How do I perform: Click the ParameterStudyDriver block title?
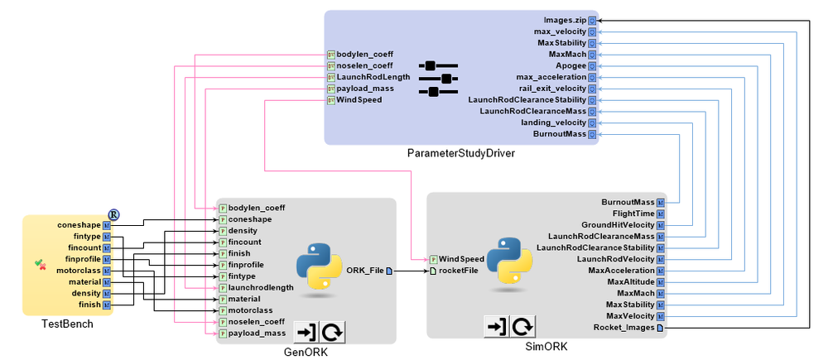(455, 154)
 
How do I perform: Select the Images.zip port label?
(565, 19)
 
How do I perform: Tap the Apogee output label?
(571, 65)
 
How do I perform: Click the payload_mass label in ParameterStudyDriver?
(365, 88)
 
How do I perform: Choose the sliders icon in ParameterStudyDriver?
(438, 78)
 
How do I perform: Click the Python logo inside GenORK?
(319, 266)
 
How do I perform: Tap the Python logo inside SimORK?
(508, 259)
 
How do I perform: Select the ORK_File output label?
(365, 271)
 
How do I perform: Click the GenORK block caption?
(306, 351)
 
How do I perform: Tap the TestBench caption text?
(67, 324)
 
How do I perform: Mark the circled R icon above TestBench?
(114, 214)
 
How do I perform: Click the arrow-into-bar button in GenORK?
(306, 332)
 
